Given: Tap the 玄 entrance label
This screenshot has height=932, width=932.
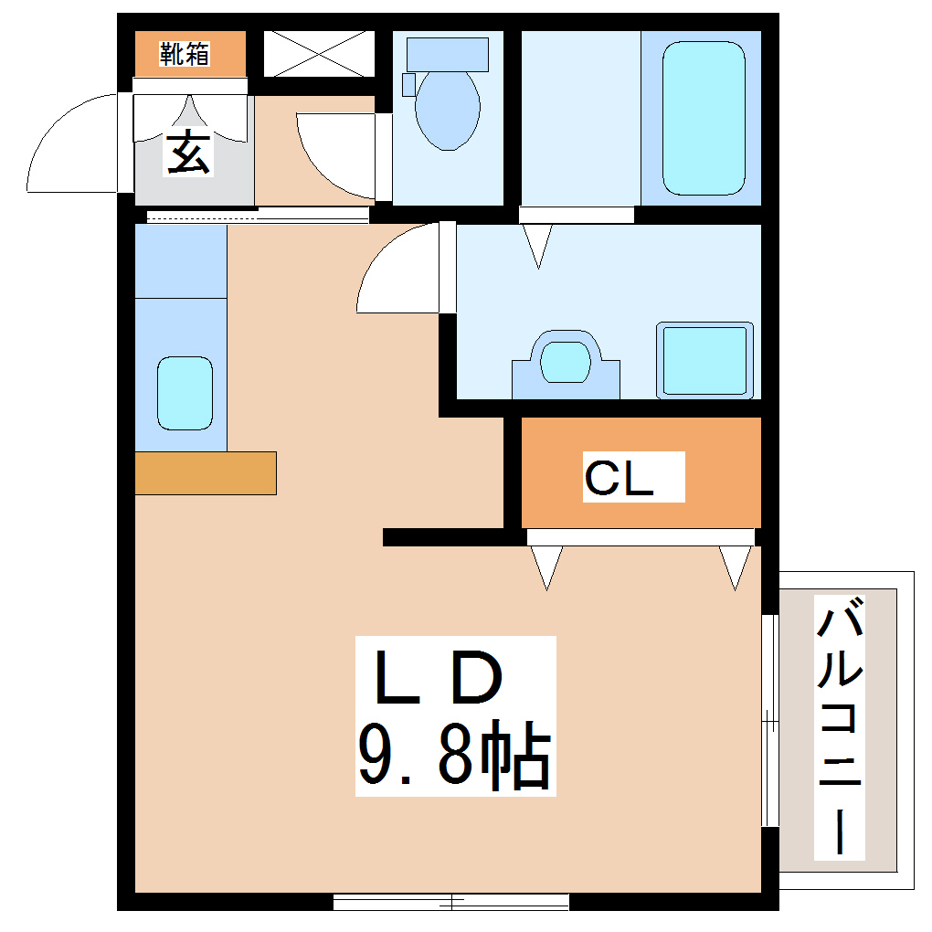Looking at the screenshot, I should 188,153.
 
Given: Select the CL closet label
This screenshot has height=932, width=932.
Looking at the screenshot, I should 620,478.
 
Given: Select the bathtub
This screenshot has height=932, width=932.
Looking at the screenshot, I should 702,117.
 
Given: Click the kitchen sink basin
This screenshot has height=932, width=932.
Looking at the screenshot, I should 185,393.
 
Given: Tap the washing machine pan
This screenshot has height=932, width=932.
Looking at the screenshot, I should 704,360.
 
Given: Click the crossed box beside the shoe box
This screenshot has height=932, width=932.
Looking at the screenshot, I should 319,54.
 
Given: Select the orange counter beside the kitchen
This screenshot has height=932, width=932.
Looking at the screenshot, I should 206,472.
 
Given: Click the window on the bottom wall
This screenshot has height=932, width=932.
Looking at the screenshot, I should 451,902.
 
